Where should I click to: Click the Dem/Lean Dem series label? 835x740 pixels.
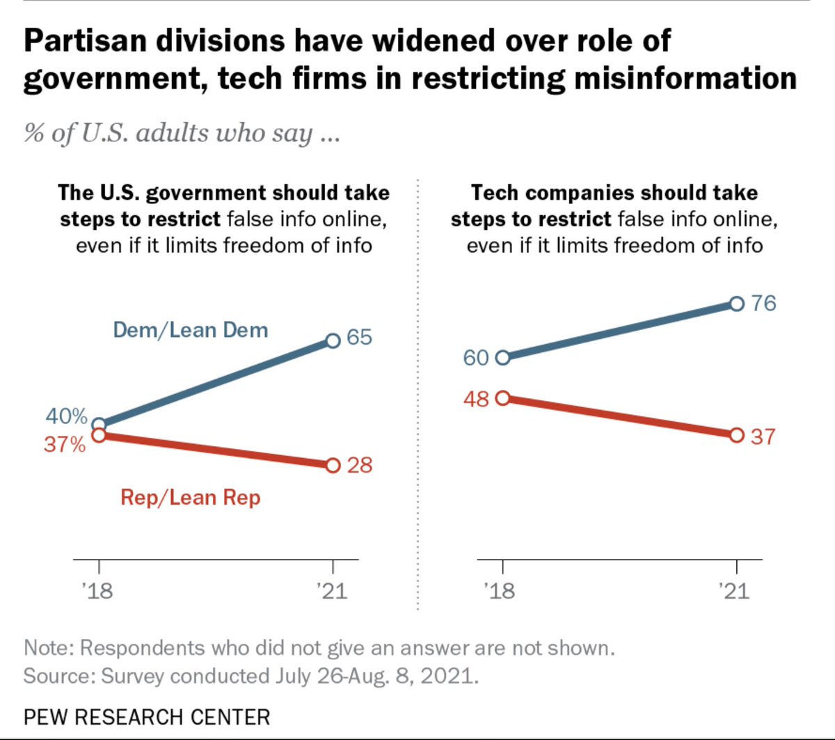click(191, 330)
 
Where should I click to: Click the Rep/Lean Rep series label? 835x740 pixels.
click(191, 497)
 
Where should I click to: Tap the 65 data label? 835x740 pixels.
click(359, 337)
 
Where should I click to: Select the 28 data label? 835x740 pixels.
click(359, 465)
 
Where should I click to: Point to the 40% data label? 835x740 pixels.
click(66, 416)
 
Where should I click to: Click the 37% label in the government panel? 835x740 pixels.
click(65, 444)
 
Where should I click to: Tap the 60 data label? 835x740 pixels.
click(476, 358)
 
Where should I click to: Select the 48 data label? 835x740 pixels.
click(476, 399)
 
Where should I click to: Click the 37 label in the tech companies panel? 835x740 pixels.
click(763, 436)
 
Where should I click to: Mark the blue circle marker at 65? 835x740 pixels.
click(333, 341)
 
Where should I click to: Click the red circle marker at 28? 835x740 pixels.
click(333, 466)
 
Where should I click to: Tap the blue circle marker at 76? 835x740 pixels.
click(737, 304)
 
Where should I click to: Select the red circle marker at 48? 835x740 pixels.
click(503, 398)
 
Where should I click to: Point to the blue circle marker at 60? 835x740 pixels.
click(503, 358)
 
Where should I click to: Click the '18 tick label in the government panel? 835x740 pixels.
click(97, 591)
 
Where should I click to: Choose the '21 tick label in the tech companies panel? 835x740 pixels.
click(734, 591)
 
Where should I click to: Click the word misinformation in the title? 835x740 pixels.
click(685, 78)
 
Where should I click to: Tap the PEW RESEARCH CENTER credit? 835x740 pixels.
click(147, 717)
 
